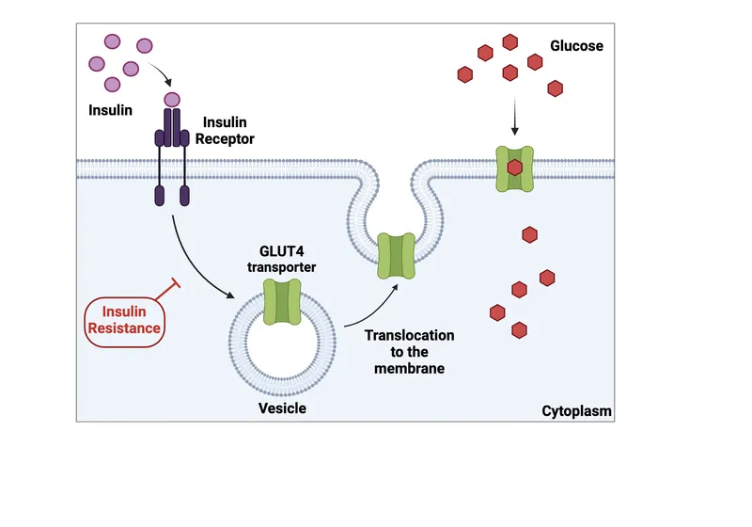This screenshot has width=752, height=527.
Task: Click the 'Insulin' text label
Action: (111, 110)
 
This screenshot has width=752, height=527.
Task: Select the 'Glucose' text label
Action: (576, 45)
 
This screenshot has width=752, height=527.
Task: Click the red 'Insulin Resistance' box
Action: (125, 320)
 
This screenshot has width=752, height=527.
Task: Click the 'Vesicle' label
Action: (282, 408)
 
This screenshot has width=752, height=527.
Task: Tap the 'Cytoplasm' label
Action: (577, 411)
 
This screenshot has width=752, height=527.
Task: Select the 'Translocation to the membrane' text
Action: (409, 351)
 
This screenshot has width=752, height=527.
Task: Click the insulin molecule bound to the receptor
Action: (172, 99)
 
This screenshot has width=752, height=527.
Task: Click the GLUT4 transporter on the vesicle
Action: (282, 301)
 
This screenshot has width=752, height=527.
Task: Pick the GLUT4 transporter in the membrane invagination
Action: (396, 256)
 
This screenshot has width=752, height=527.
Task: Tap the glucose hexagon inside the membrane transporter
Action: (514, 168)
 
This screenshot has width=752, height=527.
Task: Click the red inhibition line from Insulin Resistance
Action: (165, 292)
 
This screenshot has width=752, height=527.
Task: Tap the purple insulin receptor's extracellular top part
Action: (172, 126)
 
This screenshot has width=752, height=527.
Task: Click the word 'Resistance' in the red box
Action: (125, 329)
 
